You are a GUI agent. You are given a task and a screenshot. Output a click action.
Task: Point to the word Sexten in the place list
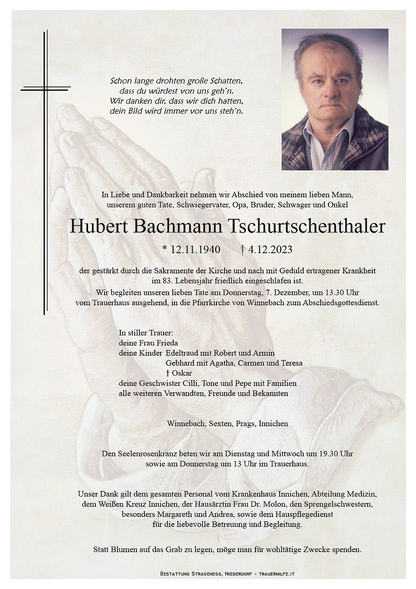point(221,423)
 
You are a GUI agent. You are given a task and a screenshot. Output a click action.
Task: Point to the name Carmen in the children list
point(252,363)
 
